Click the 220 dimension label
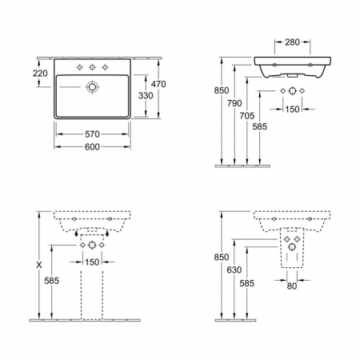click(40, 73)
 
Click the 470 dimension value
click(158, 84)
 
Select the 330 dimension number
click(146, 95)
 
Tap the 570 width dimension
click(92, 134)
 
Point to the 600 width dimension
click(92, 146)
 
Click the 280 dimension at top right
click(292, 42)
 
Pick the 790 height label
click(234, 103)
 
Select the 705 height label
click(247, 116)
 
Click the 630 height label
click(234, 270)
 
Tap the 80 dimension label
click(292, 286)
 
